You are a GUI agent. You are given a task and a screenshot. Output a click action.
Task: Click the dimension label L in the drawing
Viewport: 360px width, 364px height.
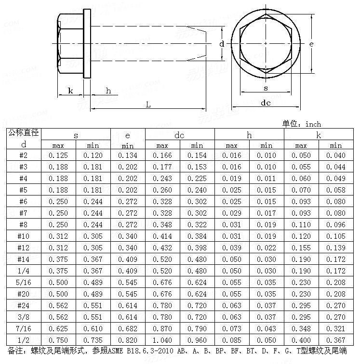point(148,104)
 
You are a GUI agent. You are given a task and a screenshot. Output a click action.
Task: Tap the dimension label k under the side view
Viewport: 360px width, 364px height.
point(70,91)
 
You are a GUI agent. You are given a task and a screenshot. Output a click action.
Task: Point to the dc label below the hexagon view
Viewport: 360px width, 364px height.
point(266,103)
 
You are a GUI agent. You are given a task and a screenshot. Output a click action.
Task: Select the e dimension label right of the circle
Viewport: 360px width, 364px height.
point(312,44)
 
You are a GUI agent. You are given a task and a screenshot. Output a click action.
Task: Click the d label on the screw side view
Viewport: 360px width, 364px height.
point(222,44)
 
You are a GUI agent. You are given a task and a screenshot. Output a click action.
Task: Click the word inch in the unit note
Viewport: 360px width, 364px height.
point(313,124)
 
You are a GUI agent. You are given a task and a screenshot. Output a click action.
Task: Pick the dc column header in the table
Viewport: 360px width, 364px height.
point(179,136)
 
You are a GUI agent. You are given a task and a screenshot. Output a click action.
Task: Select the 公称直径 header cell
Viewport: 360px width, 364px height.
point(24,132)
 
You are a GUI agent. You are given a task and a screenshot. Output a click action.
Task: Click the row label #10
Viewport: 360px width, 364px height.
point(24,236)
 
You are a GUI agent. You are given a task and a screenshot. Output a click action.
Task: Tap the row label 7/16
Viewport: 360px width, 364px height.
point(24,328)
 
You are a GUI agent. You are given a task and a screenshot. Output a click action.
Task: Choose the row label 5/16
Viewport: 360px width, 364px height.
point(24,282)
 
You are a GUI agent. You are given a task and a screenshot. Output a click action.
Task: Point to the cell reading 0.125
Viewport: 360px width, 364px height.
point(58,155)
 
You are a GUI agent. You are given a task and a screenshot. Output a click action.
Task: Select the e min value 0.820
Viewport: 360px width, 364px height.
point(128,340)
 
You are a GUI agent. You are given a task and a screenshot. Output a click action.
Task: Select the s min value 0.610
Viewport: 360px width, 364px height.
point(93,328)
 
